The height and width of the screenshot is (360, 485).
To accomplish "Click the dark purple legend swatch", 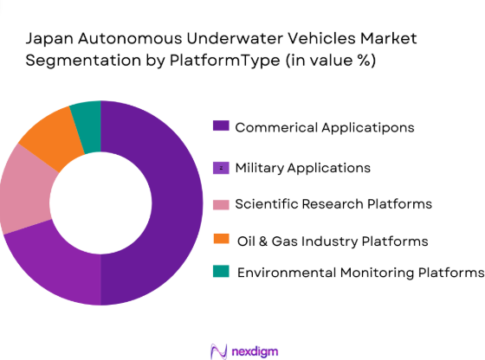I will pyautogui.click(x=222, y=126).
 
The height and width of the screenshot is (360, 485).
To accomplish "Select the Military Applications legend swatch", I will pyautogui.click(x=222, y=167).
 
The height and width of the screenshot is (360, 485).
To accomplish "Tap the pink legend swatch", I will pyautogui.click(x=222, y=204).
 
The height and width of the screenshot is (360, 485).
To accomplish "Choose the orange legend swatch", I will pyautogui.click(x=222, y=240).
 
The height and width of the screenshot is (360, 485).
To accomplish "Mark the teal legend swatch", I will pyautogui.click(x=222, y=272).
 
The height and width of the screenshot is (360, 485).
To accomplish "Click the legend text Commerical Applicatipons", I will pyautogui.click(x=326, y=127).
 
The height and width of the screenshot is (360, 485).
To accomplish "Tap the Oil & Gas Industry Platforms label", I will pyautogui.click(x=332, y=240).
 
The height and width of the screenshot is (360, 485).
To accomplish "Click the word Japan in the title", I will pyautogui.click(x=46, y=39).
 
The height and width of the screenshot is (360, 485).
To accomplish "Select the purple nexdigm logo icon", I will pyautogui.click(x=218, y=350).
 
